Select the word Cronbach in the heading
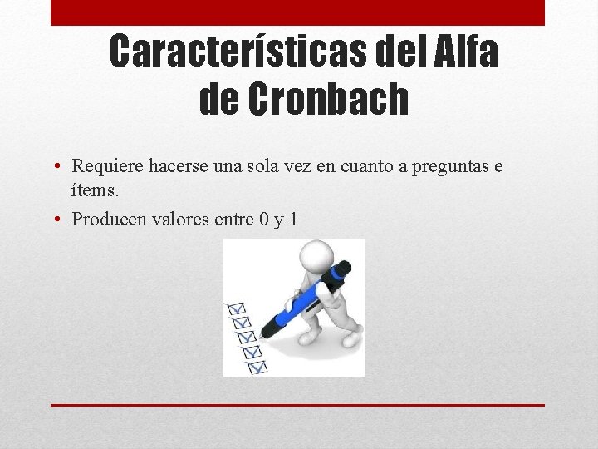pos(328,100)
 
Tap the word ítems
pos(96,190)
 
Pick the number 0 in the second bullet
pos(262,220)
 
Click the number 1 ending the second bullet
pos(293,220)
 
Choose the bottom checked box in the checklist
pos(257,365)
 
